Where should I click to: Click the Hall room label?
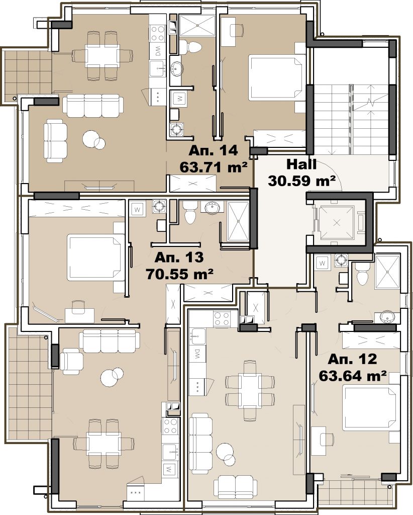coord(301,164)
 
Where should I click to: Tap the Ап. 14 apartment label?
coord(213,151)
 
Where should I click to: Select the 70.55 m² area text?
coord(180,273)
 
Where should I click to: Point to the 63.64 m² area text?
coord(352,376)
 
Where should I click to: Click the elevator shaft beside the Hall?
coord(337,222)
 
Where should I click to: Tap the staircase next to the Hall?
coord(352,119)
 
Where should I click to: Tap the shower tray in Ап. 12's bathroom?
coord(387,272)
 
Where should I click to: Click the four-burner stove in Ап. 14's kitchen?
coord(157,33)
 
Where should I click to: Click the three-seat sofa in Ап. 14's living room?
coord(93,106)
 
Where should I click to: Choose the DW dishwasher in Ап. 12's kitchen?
coord(197,354)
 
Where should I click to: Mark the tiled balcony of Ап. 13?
coord(29,383)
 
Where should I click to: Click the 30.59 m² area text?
coord(301,181)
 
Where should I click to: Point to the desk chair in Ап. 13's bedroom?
coord(78,307)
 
